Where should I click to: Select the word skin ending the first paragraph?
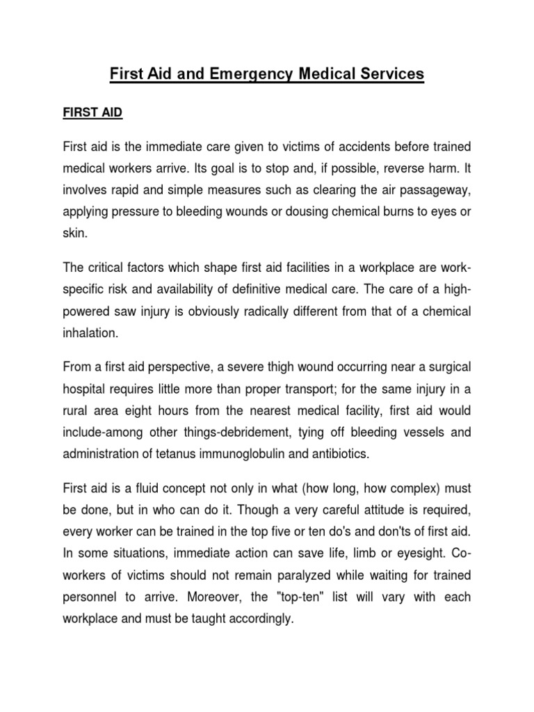pos(75,235)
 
